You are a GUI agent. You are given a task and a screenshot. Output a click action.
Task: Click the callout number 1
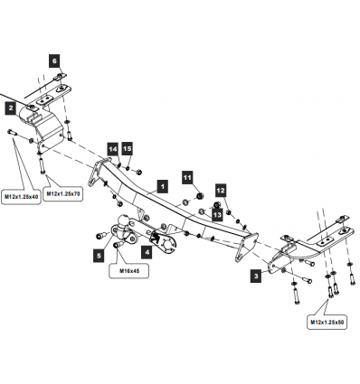(163, 187)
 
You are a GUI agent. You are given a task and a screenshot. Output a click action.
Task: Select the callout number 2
(11, 108)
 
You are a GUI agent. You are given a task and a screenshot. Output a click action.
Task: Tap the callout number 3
(256, 276)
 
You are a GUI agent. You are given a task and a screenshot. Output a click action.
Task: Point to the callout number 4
(147, 252)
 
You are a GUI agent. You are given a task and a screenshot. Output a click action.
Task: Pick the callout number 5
(99, 256)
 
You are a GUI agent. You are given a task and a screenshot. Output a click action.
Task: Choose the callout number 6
(54, 61)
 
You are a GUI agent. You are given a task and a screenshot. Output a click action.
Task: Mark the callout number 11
(187, 178)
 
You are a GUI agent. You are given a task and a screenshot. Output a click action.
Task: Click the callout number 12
(221, 191)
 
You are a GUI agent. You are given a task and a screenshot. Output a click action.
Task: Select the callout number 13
(217, 215)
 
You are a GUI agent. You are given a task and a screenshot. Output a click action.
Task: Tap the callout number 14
(113, 149)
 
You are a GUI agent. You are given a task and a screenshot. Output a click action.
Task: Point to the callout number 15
(128, 149)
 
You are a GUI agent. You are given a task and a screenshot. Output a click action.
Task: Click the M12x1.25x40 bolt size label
(21, 197)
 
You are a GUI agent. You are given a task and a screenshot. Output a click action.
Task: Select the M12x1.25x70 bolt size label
(63, 194)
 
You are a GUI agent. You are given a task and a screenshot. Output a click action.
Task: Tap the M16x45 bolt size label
(129, 271)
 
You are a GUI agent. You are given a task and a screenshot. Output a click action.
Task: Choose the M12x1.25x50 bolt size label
(327, 323)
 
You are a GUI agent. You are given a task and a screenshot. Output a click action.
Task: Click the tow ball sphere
(124, 220)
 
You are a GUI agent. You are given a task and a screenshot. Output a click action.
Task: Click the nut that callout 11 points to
(199, 196)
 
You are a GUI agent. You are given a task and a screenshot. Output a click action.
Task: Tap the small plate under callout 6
(60, 77)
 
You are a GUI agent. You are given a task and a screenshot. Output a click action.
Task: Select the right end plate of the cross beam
(247, 248)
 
